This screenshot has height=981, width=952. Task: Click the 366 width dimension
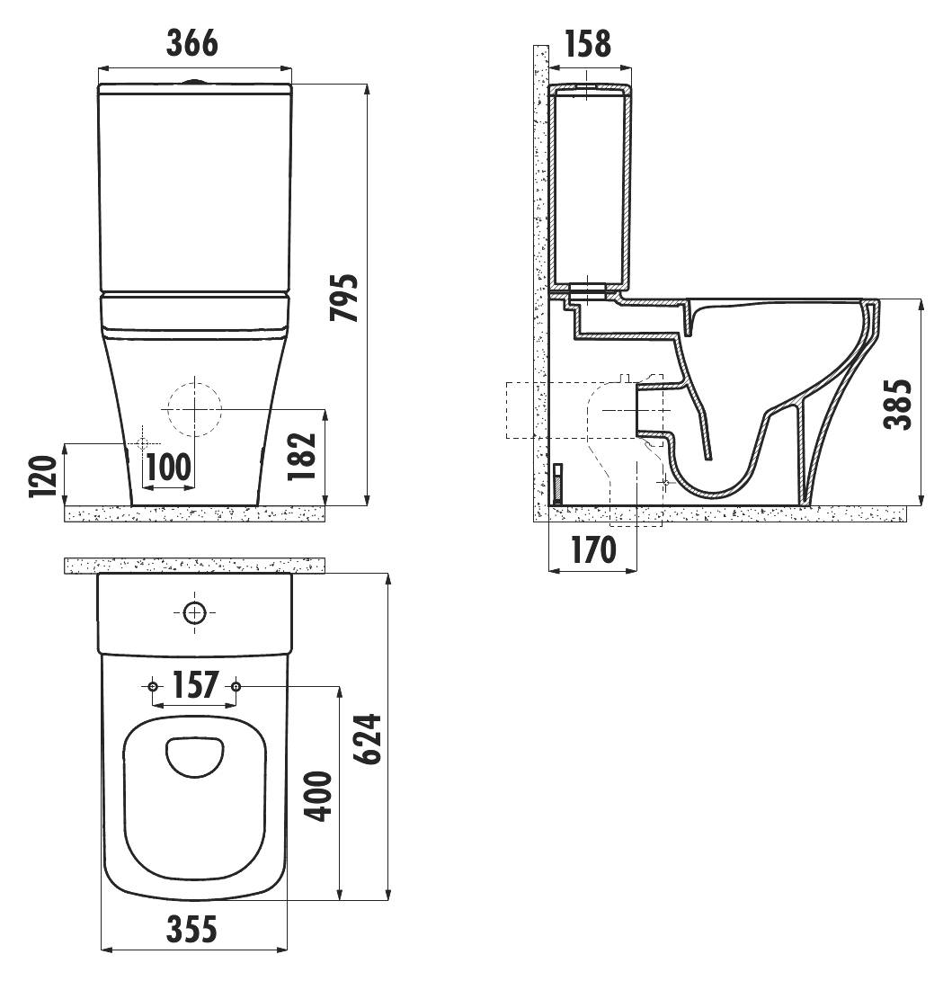pyautogui.click(x=192, y=43)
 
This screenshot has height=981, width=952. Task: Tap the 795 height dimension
pyautogui.click(x=344, y=298)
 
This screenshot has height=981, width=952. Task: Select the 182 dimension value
pyautogui.click(x=302, y=456)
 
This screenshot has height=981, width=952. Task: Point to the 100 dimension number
pyautogui.click(x=168, y=467)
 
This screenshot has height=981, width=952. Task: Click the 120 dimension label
pyautogui.click(x=43, y=477)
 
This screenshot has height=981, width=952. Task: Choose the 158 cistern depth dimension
pyautogui.click(x=588, y=43)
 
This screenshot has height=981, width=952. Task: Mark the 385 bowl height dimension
pyautogui.click(x=898, y=404)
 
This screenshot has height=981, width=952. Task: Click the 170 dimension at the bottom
pyautogui.click(x=593, y=550)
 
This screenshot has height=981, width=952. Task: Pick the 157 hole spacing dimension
pyautogui.click(x=195, y=685)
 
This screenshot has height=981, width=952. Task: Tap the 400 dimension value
pyautogui.click(x=317, y=797)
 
